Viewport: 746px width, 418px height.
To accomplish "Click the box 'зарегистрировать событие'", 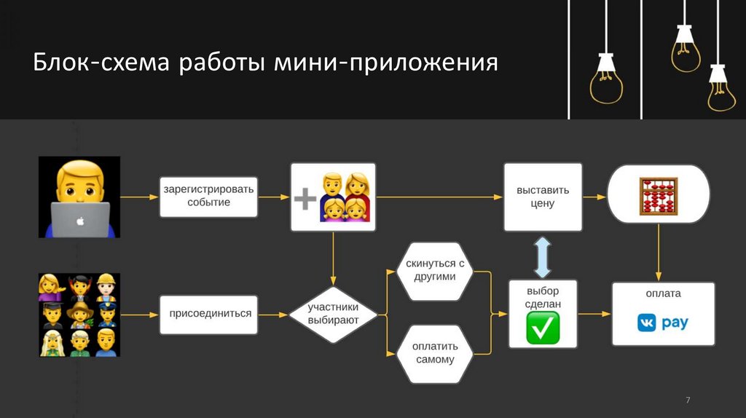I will (x=208, y=196).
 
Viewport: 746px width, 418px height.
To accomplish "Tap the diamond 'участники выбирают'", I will (x=333, y=314).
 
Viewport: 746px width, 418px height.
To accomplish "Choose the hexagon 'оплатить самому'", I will (x=436, y=353).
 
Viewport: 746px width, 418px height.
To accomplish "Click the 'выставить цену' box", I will (x=543, y=197).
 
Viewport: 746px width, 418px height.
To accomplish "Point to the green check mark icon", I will (x=543, y=328).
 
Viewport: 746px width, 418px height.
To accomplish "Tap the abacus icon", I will (x=658, y=195).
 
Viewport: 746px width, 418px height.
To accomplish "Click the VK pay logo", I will (x=662, y=322).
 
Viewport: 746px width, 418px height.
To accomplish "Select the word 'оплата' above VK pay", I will (x=663, y=293).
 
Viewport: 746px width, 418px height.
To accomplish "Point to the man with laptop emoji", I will (x=79, y=197).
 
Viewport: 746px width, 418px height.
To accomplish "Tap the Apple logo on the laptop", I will (x=80, y=218).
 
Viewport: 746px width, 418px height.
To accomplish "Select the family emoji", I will (x=344, y=197).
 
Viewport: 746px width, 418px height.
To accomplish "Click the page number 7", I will (x=688, y=401).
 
